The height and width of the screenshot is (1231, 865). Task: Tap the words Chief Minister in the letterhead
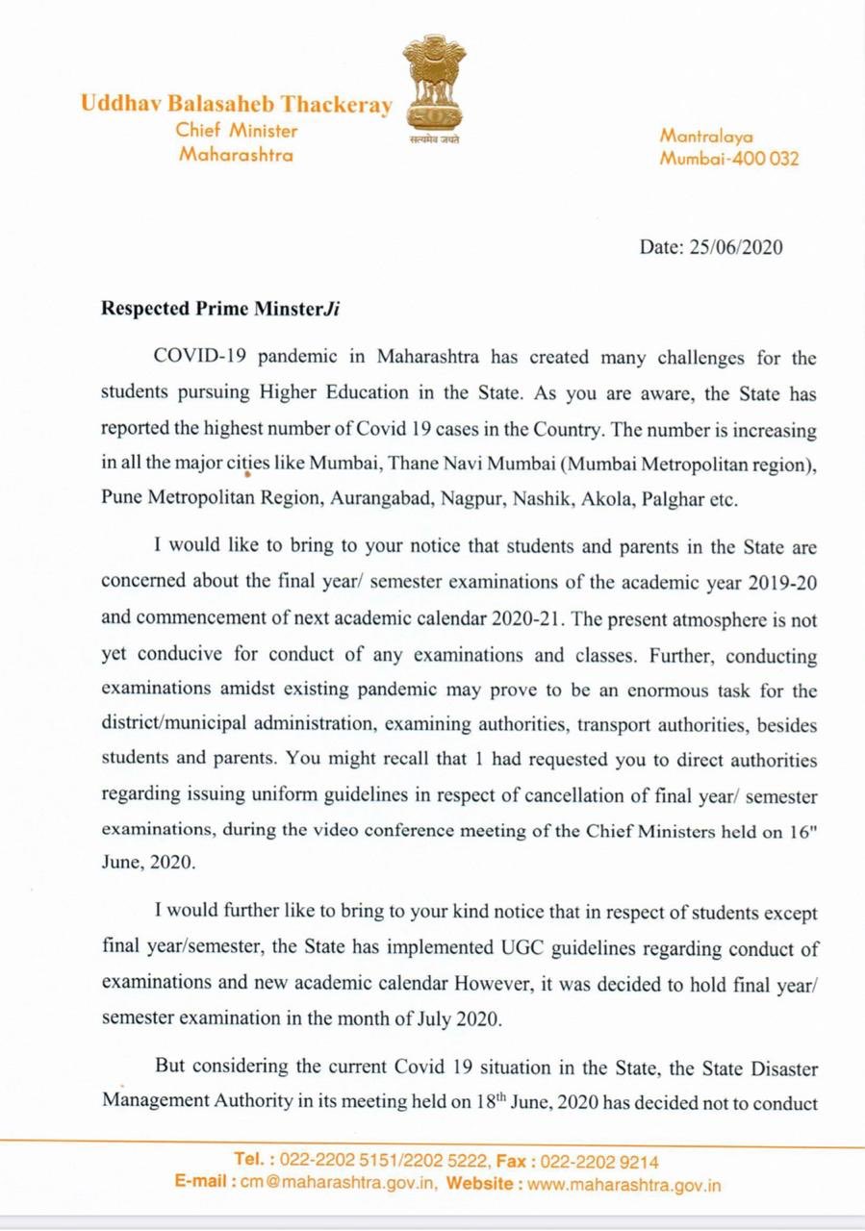point(237,131)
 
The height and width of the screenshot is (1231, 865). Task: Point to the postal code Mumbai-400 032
point(728,159)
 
